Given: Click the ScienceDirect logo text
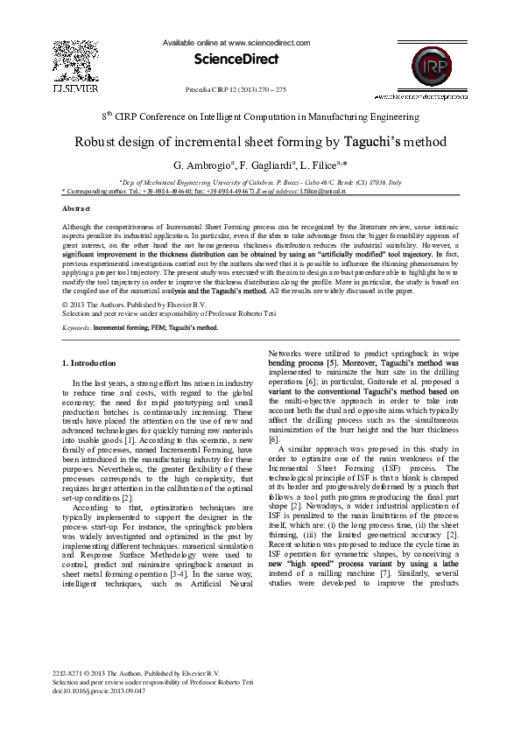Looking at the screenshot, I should coord(236,60).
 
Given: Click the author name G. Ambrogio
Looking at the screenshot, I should coord(205,165).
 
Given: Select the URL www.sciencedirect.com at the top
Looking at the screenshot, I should coord(268,41).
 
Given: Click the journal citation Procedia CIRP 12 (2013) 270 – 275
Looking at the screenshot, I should coord(236,89).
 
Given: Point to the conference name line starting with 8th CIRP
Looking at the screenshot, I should coord(260,116).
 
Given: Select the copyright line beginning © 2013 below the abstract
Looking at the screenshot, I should coord(128,304).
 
